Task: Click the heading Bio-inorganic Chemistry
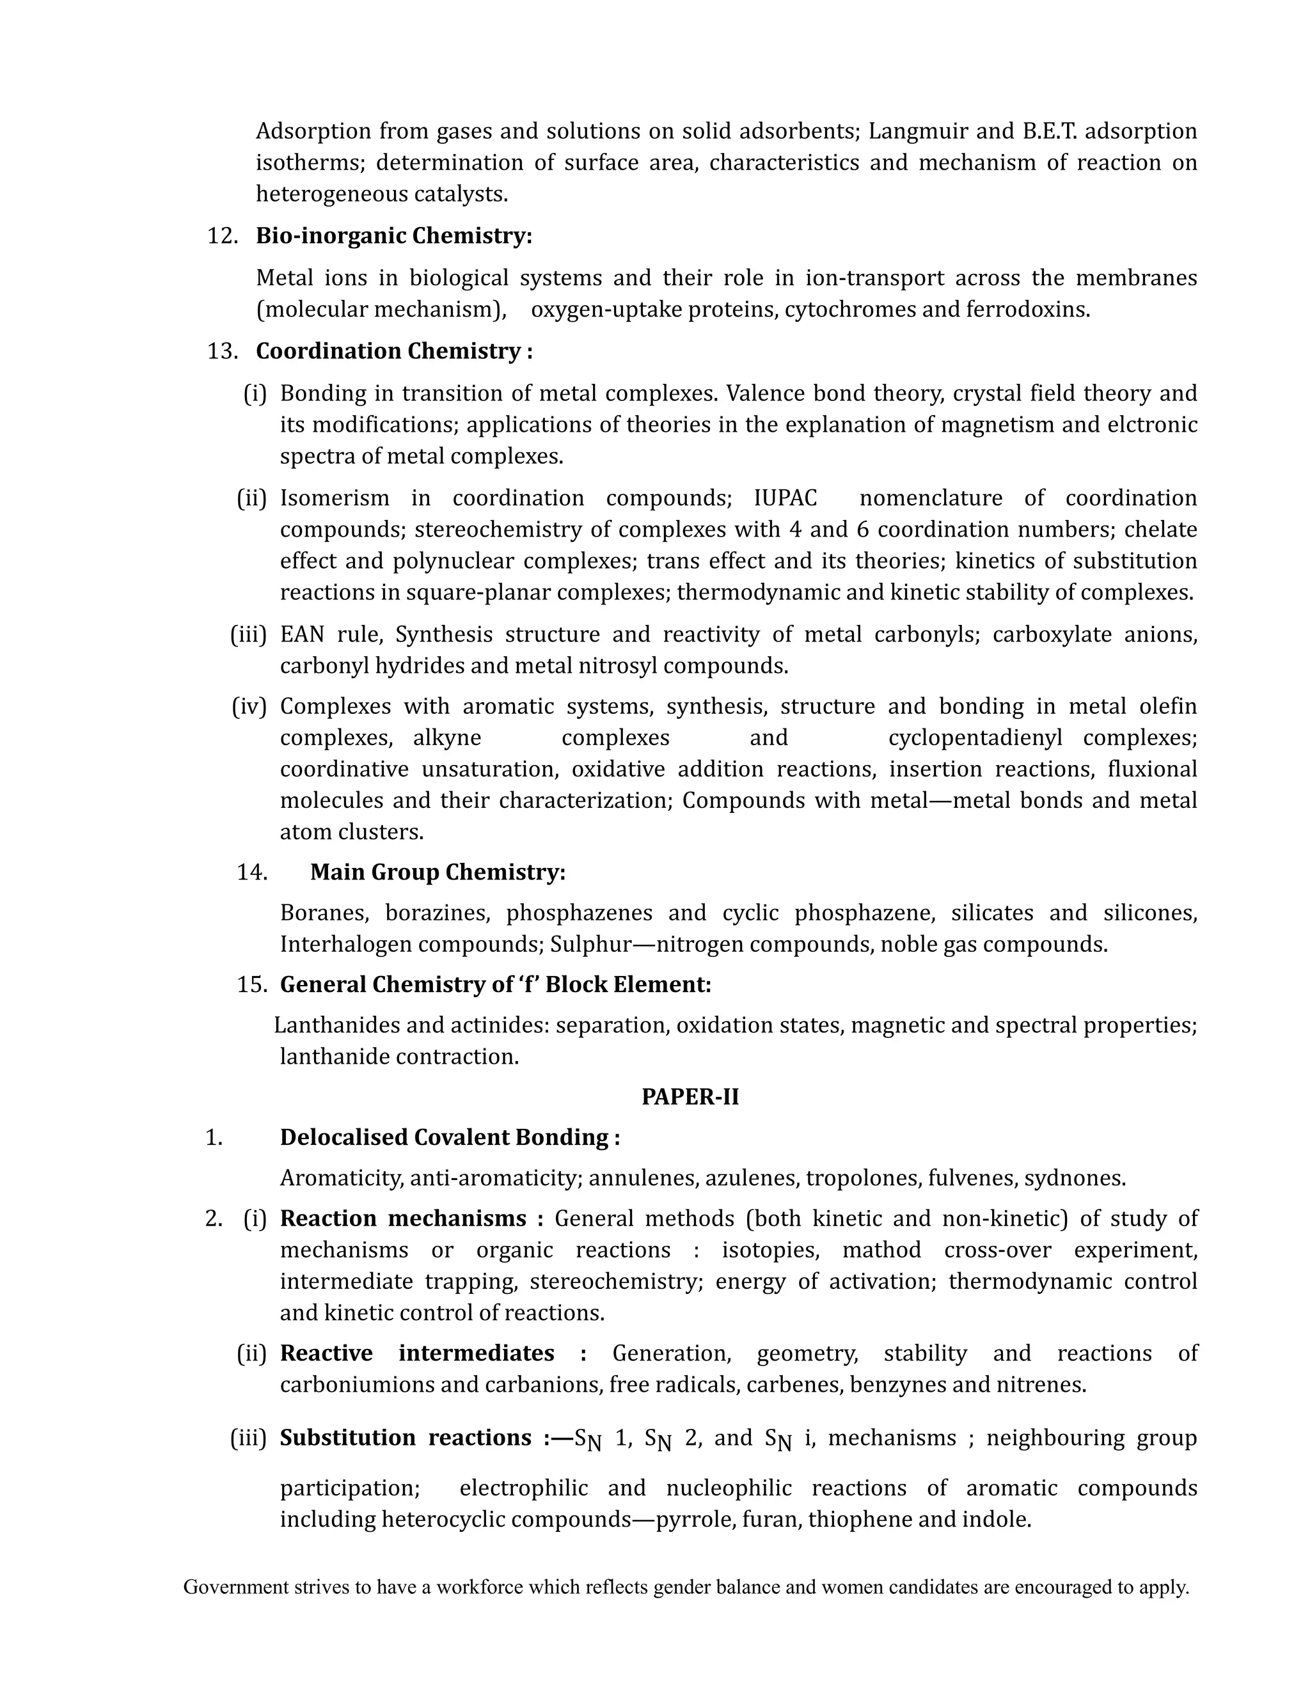pyautogui.click(x=393, y=236)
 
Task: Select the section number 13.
pyautogui.click(x=222, y=352)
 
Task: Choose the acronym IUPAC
pyautogui.click(x=785, y=498)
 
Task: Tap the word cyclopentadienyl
pyautogui.click(x=975, y=738)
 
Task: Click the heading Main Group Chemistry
pyautogui.click(x=438, y=872)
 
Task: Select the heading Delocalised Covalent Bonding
pyautogui.click(x=449, y=1138)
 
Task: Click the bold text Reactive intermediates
pyautogui.click(x=417, y=1353)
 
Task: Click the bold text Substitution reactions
pyautogui.click(x=405, y=1438)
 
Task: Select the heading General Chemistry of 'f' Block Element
pyautogui.click(x=495, y=985)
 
